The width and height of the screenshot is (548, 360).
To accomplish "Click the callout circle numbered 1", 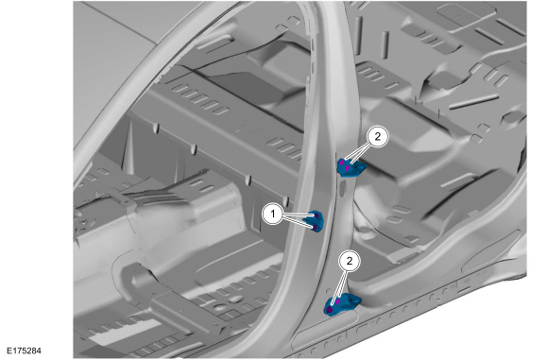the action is pos(273,214).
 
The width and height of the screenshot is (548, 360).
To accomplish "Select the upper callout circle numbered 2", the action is pos(377,137).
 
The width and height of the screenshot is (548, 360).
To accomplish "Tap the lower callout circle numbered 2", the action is pos(350,260).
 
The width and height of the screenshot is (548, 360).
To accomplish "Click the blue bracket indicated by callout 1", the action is pos(315,221).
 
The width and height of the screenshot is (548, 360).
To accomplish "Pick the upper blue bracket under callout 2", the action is pos(351,167).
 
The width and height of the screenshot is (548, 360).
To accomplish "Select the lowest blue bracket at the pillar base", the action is pos(341,304).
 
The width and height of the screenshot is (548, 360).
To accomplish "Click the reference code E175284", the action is pos(24,351).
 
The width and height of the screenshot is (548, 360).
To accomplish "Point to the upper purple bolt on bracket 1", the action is pos(317,215).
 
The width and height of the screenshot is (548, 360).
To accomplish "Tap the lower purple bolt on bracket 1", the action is pos(315,229).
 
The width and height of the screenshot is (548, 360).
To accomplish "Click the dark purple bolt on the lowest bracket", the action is pos(330,309).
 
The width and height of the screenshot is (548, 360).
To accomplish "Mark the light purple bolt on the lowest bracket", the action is pos(337,300).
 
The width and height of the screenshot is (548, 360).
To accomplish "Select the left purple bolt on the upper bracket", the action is pos(342,163).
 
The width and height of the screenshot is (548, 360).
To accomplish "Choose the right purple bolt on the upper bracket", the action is pos(347,169).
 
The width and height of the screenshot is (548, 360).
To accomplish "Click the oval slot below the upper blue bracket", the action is pos(342,189).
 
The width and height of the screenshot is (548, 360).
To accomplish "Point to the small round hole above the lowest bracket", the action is pos(328,290).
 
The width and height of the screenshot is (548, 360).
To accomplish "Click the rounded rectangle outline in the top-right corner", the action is pos(454,13).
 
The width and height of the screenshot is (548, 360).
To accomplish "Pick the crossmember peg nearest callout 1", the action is pos(286,201).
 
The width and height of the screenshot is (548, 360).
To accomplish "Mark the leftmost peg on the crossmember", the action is pos(156,129).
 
